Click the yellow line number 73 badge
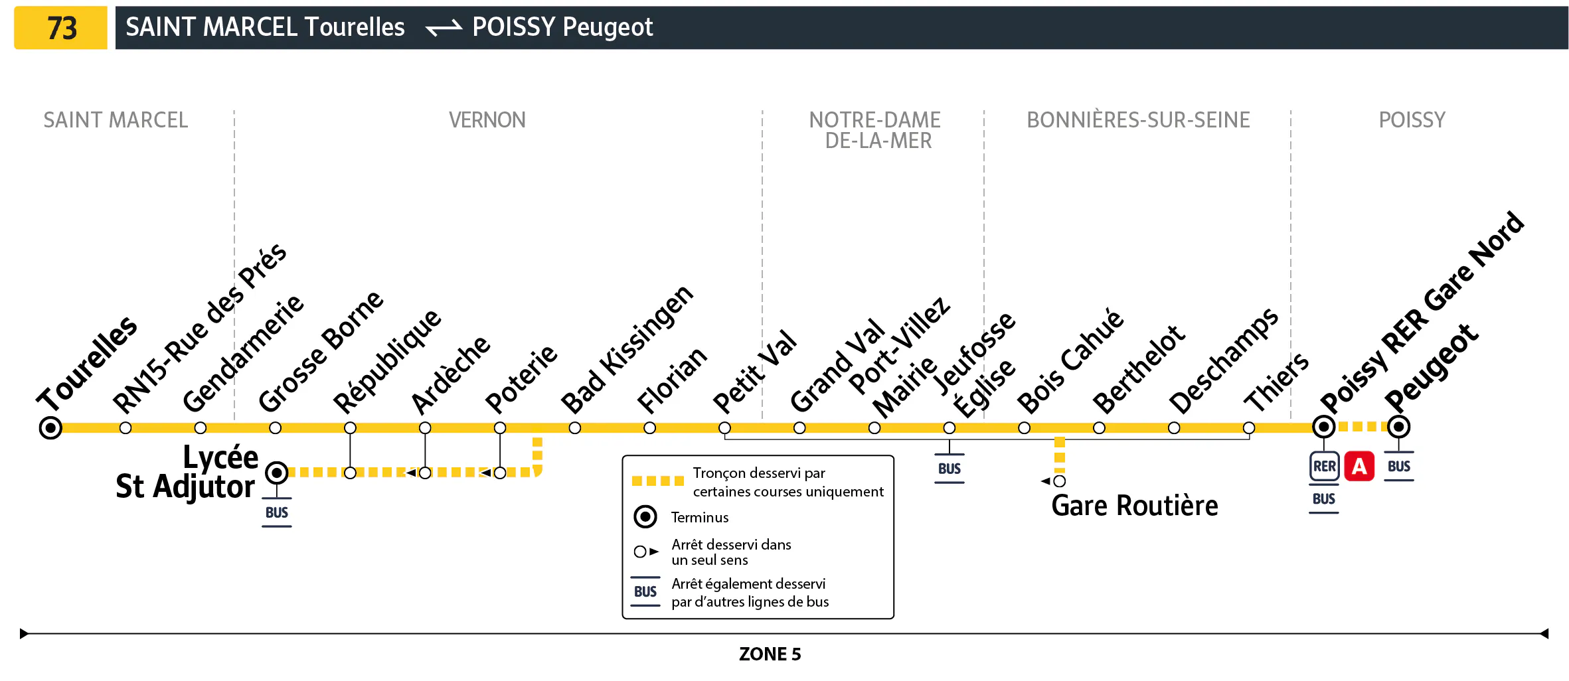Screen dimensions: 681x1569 point(60,28)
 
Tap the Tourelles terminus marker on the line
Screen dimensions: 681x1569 point(50,428)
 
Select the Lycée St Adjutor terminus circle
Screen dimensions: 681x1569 point(277,473)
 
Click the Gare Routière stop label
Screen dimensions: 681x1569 point(1134,506)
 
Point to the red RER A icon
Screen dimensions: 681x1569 point(1359,467)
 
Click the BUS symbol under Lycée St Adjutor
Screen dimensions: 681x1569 point(277,513)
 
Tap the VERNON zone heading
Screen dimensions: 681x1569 point(487,120)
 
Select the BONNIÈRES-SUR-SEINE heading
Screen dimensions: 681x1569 point(1138,120)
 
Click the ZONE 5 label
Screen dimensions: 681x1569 point(770,654)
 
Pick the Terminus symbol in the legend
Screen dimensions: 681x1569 point(645,516)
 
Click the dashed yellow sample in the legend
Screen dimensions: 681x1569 point(657,481)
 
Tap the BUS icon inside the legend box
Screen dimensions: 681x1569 point(645,591)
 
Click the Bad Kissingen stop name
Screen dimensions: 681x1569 point(626,349)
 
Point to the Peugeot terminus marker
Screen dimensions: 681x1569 point(1398,427)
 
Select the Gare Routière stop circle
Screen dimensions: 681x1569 point(1060,481)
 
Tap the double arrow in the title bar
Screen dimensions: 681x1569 point(444,28)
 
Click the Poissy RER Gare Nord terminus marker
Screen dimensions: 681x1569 point(1323,427)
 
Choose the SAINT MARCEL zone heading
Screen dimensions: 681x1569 point(116,120)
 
